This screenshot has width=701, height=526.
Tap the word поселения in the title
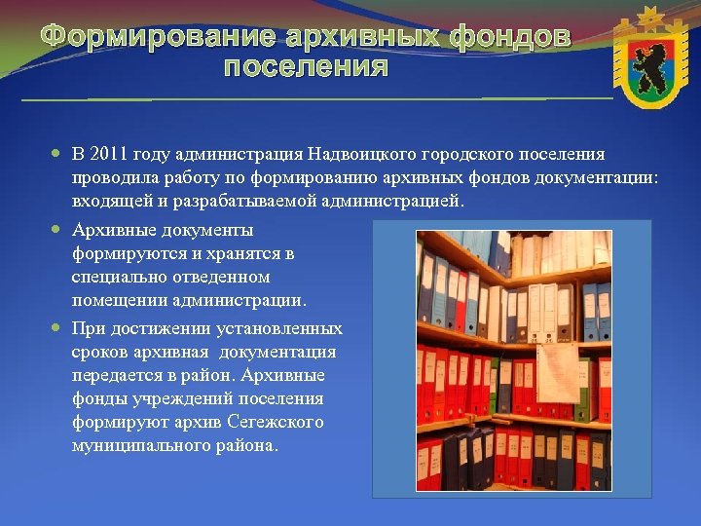306,68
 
